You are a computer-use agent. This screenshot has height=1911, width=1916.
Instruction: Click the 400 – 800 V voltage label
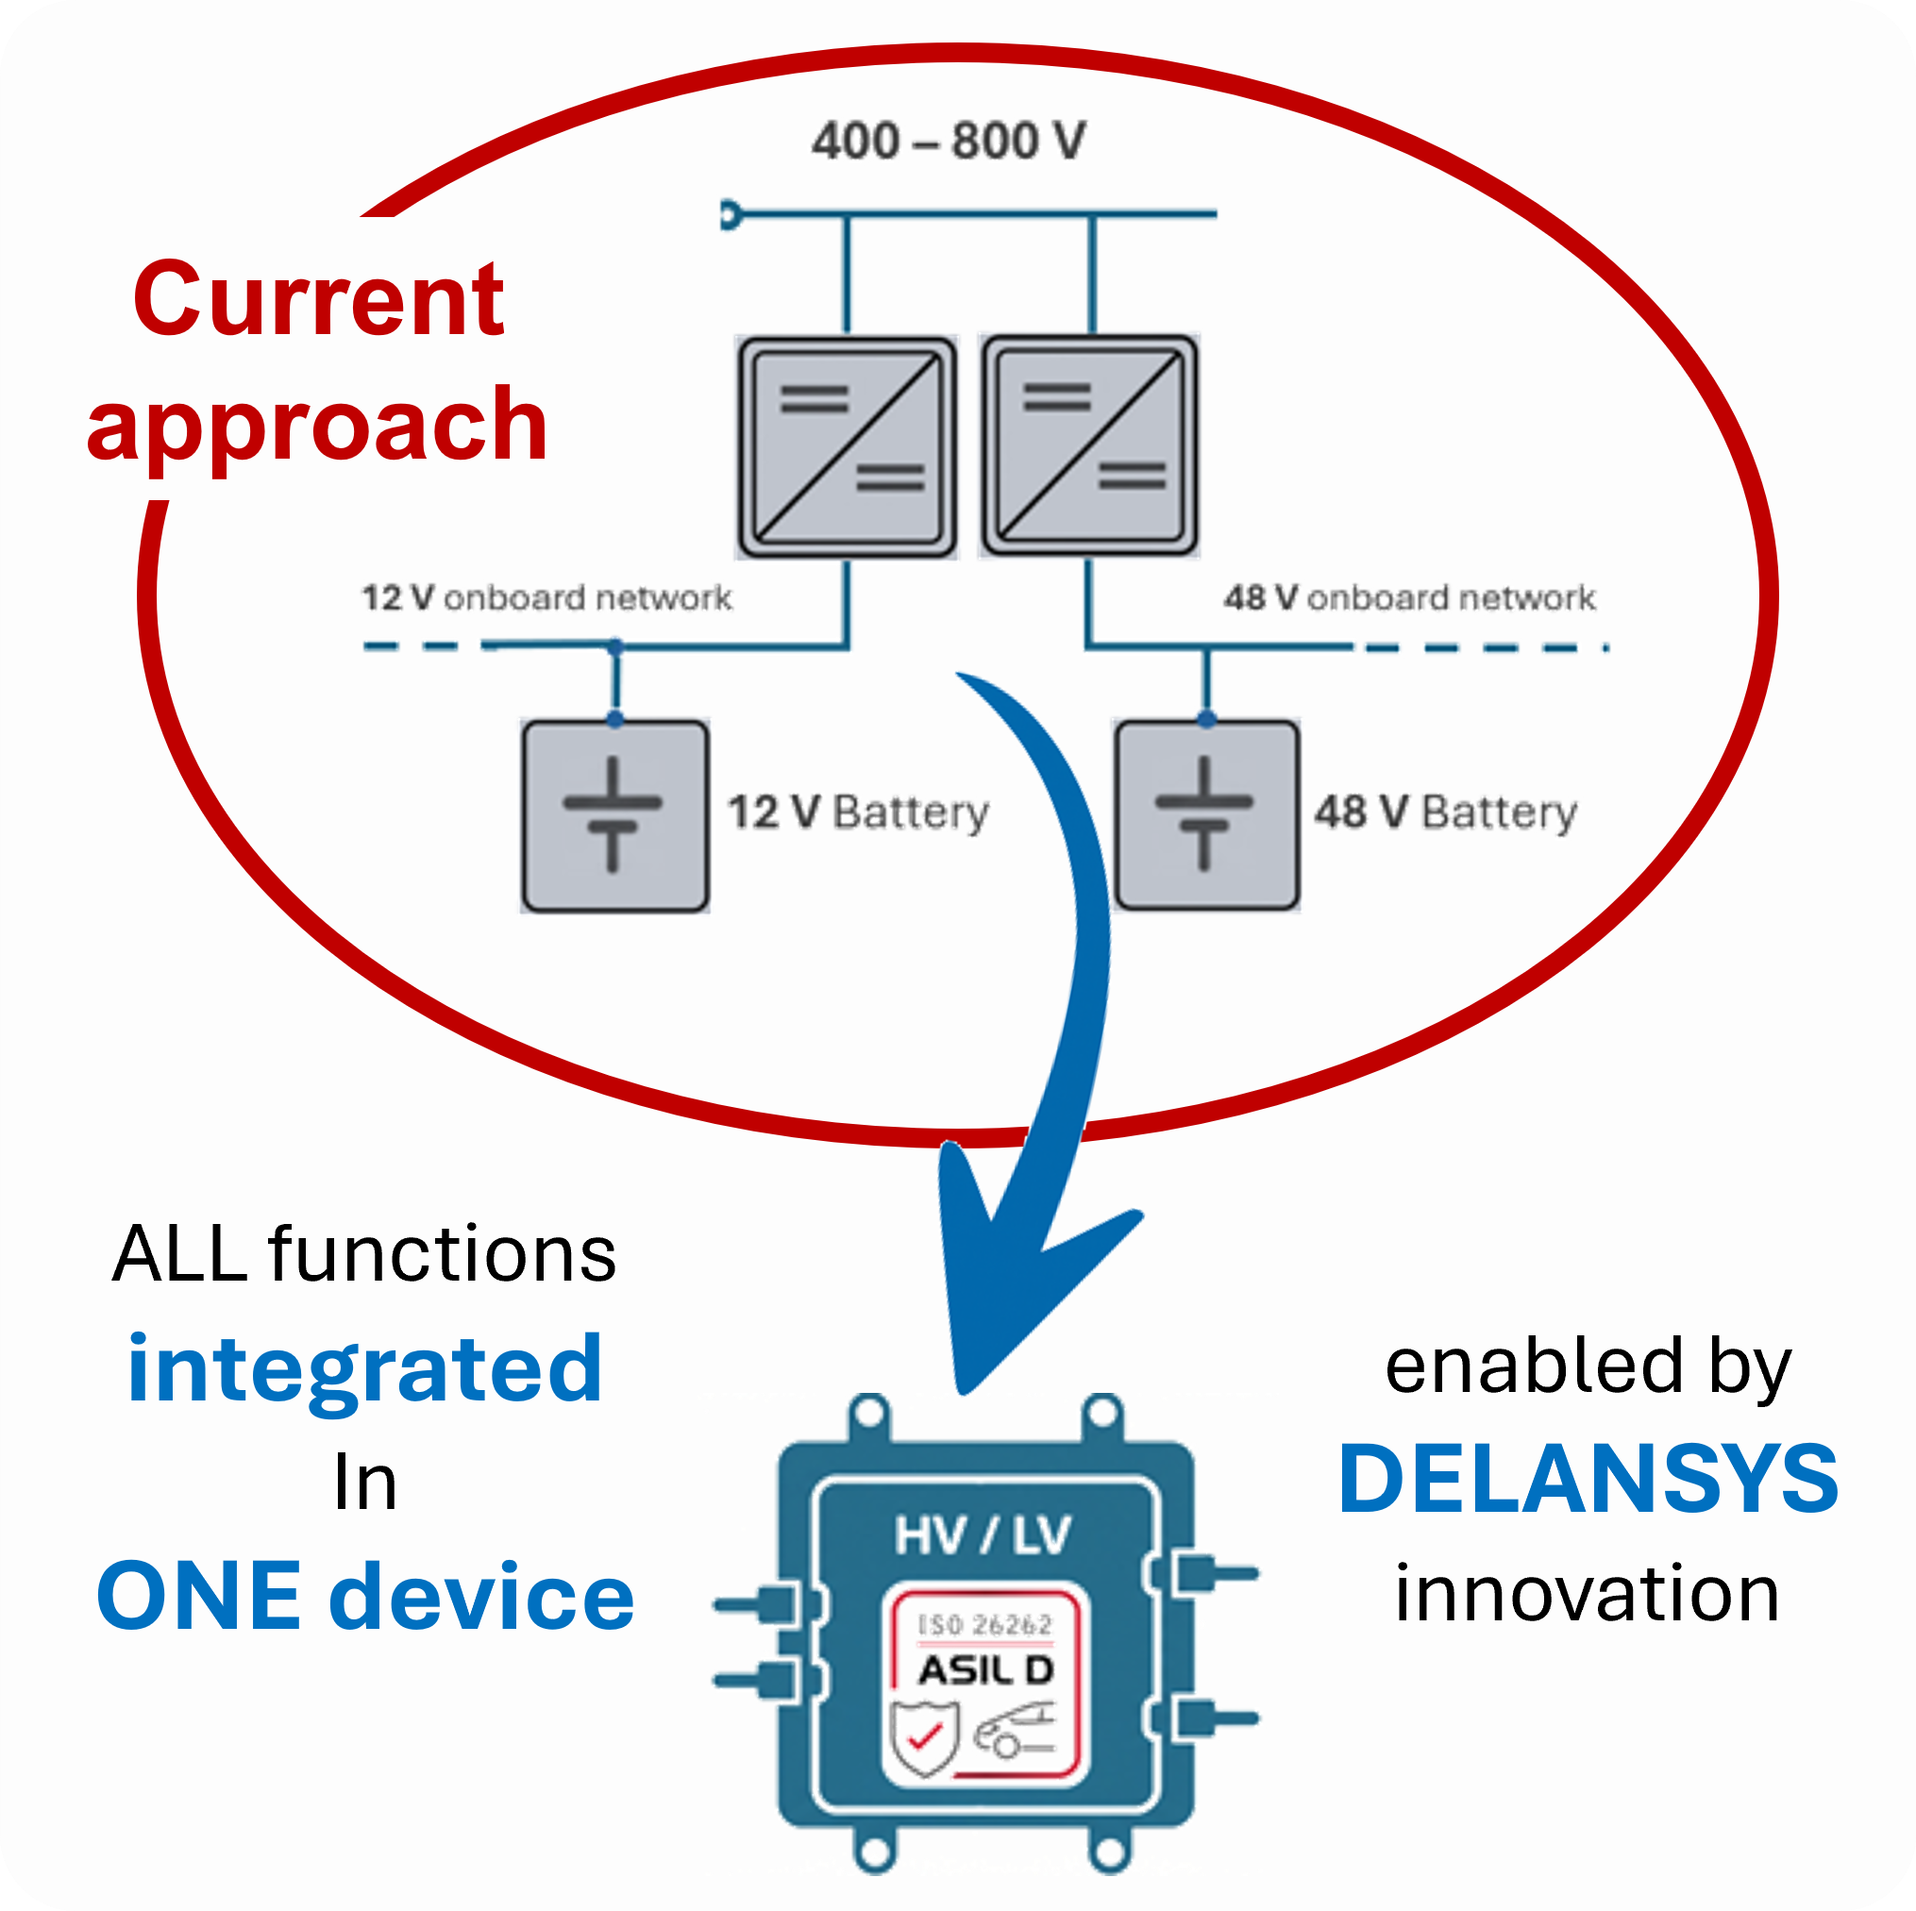pyautogui.click(x=948, y=141)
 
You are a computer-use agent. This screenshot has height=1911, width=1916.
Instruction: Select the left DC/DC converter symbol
pyautogui.click(x=846, y=447)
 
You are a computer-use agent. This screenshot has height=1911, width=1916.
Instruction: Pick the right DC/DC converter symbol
pyautogui.click(x=1089, y=446)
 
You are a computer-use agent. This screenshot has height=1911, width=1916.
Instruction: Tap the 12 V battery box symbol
pyautogui.click(x=614, y=815)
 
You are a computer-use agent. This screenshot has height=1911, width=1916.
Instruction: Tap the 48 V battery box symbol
pyautogui.click(x=1206, y=814)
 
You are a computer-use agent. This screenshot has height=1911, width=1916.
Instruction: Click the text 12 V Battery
pyautogui.click(x=858, y=813)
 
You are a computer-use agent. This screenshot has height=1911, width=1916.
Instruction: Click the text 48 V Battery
pyautogui.click(x=1445, y=813)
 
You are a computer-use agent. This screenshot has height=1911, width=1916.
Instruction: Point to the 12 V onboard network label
pyautogui.click(x=546, y=598)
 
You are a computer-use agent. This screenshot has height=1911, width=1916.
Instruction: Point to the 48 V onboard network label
pyautogui.click(x=1409, y=598)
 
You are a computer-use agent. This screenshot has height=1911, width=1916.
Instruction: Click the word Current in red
pyautogui.click(x=319, y=299)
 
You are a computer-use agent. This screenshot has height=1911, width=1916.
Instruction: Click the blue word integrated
pyautogui.click(x=365, y=1369)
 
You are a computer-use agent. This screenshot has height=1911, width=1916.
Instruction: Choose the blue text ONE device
pyautogui.click(x=365, y=1596)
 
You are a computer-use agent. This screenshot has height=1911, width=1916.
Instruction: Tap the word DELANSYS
pyautogui.click(x=1588, y=1480)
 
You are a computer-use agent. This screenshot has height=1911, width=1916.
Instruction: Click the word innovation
pyautogui.click(x=1587, y=1594)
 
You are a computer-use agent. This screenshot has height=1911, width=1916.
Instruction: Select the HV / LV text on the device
pyautogui.click(x=982, y=1536)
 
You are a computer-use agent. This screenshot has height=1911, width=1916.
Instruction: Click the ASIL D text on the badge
pyautogui.click(x=984, y=1671)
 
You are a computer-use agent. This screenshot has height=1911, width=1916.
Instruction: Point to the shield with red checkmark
pyautogui.click(x=923, y=1737)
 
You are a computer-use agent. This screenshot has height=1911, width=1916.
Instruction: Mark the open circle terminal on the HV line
pyautogui.click(x=731, y=214)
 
